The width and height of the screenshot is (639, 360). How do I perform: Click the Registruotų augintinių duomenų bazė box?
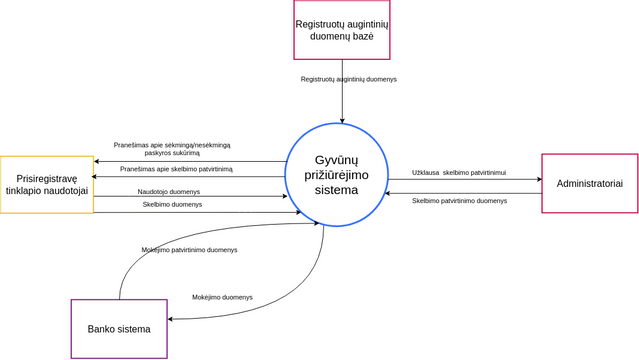341,29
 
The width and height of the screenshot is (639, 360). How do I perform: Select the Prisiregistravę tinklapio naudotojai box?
46,184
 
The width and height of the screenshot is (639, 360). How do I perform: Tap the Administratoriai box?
589,183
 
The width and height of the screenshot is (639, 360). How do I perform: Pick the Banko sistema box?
119,329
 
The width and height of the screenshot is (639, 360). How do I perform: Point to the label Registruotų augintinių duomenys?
349,78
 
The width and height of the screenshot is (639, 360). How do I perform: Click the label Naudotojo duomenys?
169,191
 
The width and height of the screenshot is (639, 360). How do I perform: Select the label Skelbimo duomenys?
172,204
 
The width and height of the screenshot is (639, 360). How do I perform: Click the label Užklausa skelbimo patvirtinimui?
459,173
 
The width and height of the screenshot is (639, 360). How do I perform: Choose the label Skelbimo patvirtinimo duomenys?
459,200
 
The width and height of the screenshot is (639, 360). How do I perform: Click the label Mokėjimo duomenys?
222,297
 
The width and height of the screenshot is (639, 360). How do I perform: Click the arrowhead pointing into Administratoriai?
537,180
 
